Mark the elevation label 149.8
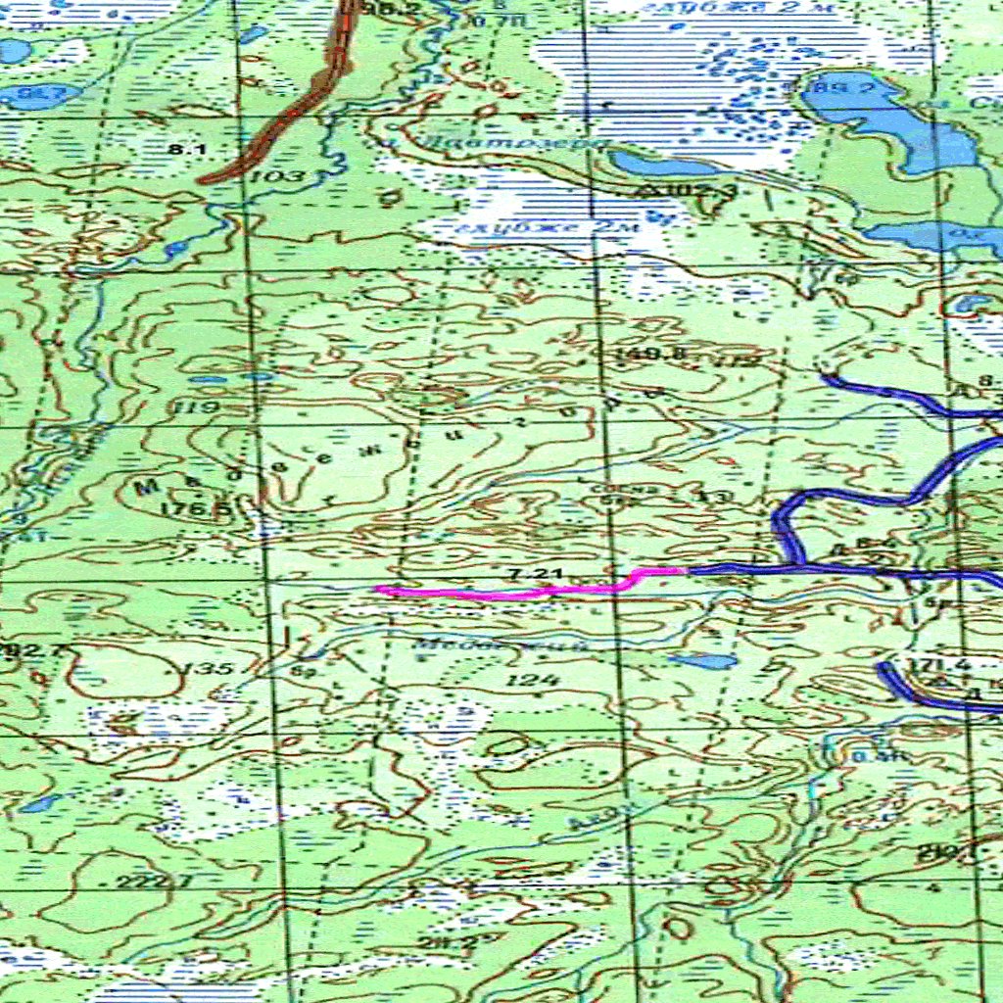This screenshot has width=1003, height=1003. (639, 354)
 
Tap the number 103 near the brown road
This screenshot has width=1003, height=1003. (274, 176)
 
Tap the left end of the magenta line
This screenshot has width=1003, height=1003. (379, 590)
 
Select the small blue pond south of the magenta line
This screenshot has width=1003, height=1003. (705, 661)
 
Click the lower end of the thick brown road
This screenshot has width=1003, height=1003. (204, 180)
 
